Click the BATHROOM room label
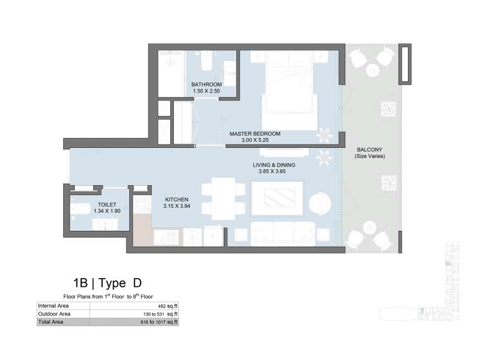tap(207, 85)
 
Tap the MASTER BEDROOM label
tap(255, 134)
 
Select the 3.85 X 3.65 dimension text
tap(272, 171)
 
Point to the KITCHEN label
tap(177, 200)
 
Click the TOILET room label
tap(107, 204)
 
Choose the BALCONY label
tap(369, 149)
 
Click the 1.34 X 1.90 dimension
tap(107, 211)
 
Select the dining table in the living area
tap(223, 198)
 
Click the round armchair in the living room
tap(320, 204)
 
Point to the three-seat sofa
tap(283, 234)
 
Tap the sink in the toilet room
tap(105, 224)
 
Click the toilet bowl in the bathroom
tap(206, 61)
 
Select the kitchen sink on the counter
tap(166, 237)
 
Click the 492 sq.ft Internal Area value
tap(168, 306)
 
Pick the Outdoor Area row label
tap(54, 314)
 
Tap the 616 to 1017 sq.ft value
tap(159, 322)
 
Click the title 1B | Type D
tap(107, 283)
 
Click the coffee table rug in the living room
tap(277, 198)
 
